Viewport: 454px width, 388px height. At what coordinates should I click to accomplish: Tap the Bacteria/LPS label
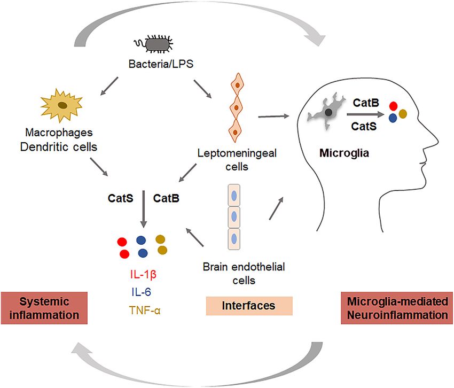161,64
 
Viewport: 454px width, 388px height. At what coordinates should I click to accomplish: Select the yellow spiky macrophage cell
61,105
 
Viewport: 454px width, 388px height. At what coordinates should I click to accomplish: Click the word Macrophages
59,133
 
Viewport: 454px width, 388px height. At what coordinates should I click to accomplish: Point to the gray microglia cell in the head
326,112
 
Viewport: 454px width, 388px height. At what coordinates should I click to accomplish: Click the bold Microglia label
344,153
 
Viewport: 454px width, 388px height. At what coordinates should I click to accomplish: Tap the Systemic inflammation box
44,308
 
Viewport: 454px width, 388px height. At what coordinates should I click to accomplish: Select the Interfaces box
249,306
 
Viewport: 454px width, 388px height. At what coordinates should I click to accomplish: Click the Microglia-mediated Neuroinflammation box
397,308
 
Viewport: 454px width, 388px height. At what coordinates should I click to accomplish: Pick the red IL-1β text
143,274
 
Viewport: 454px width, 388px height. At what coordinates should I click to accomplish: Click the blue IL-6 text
142,292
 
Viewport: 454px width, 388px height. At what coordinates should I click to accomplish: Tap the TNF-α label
145,311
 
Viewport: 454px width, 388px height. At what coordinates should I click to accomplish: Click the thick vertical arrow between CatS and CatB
144,209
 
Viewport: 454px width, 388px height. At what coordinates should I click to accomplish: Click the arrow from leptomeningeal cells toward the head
273,117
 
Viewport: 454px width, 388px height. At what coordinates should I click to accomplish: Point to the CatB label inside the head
366,103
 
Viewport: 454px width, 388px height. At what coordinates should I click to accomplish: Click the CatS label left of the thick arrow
121,198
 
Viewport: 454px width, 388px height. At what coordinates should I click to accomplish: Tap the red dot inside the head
393,106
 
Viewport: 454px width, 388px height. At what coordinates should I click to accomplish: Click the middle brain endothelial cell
234,217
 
